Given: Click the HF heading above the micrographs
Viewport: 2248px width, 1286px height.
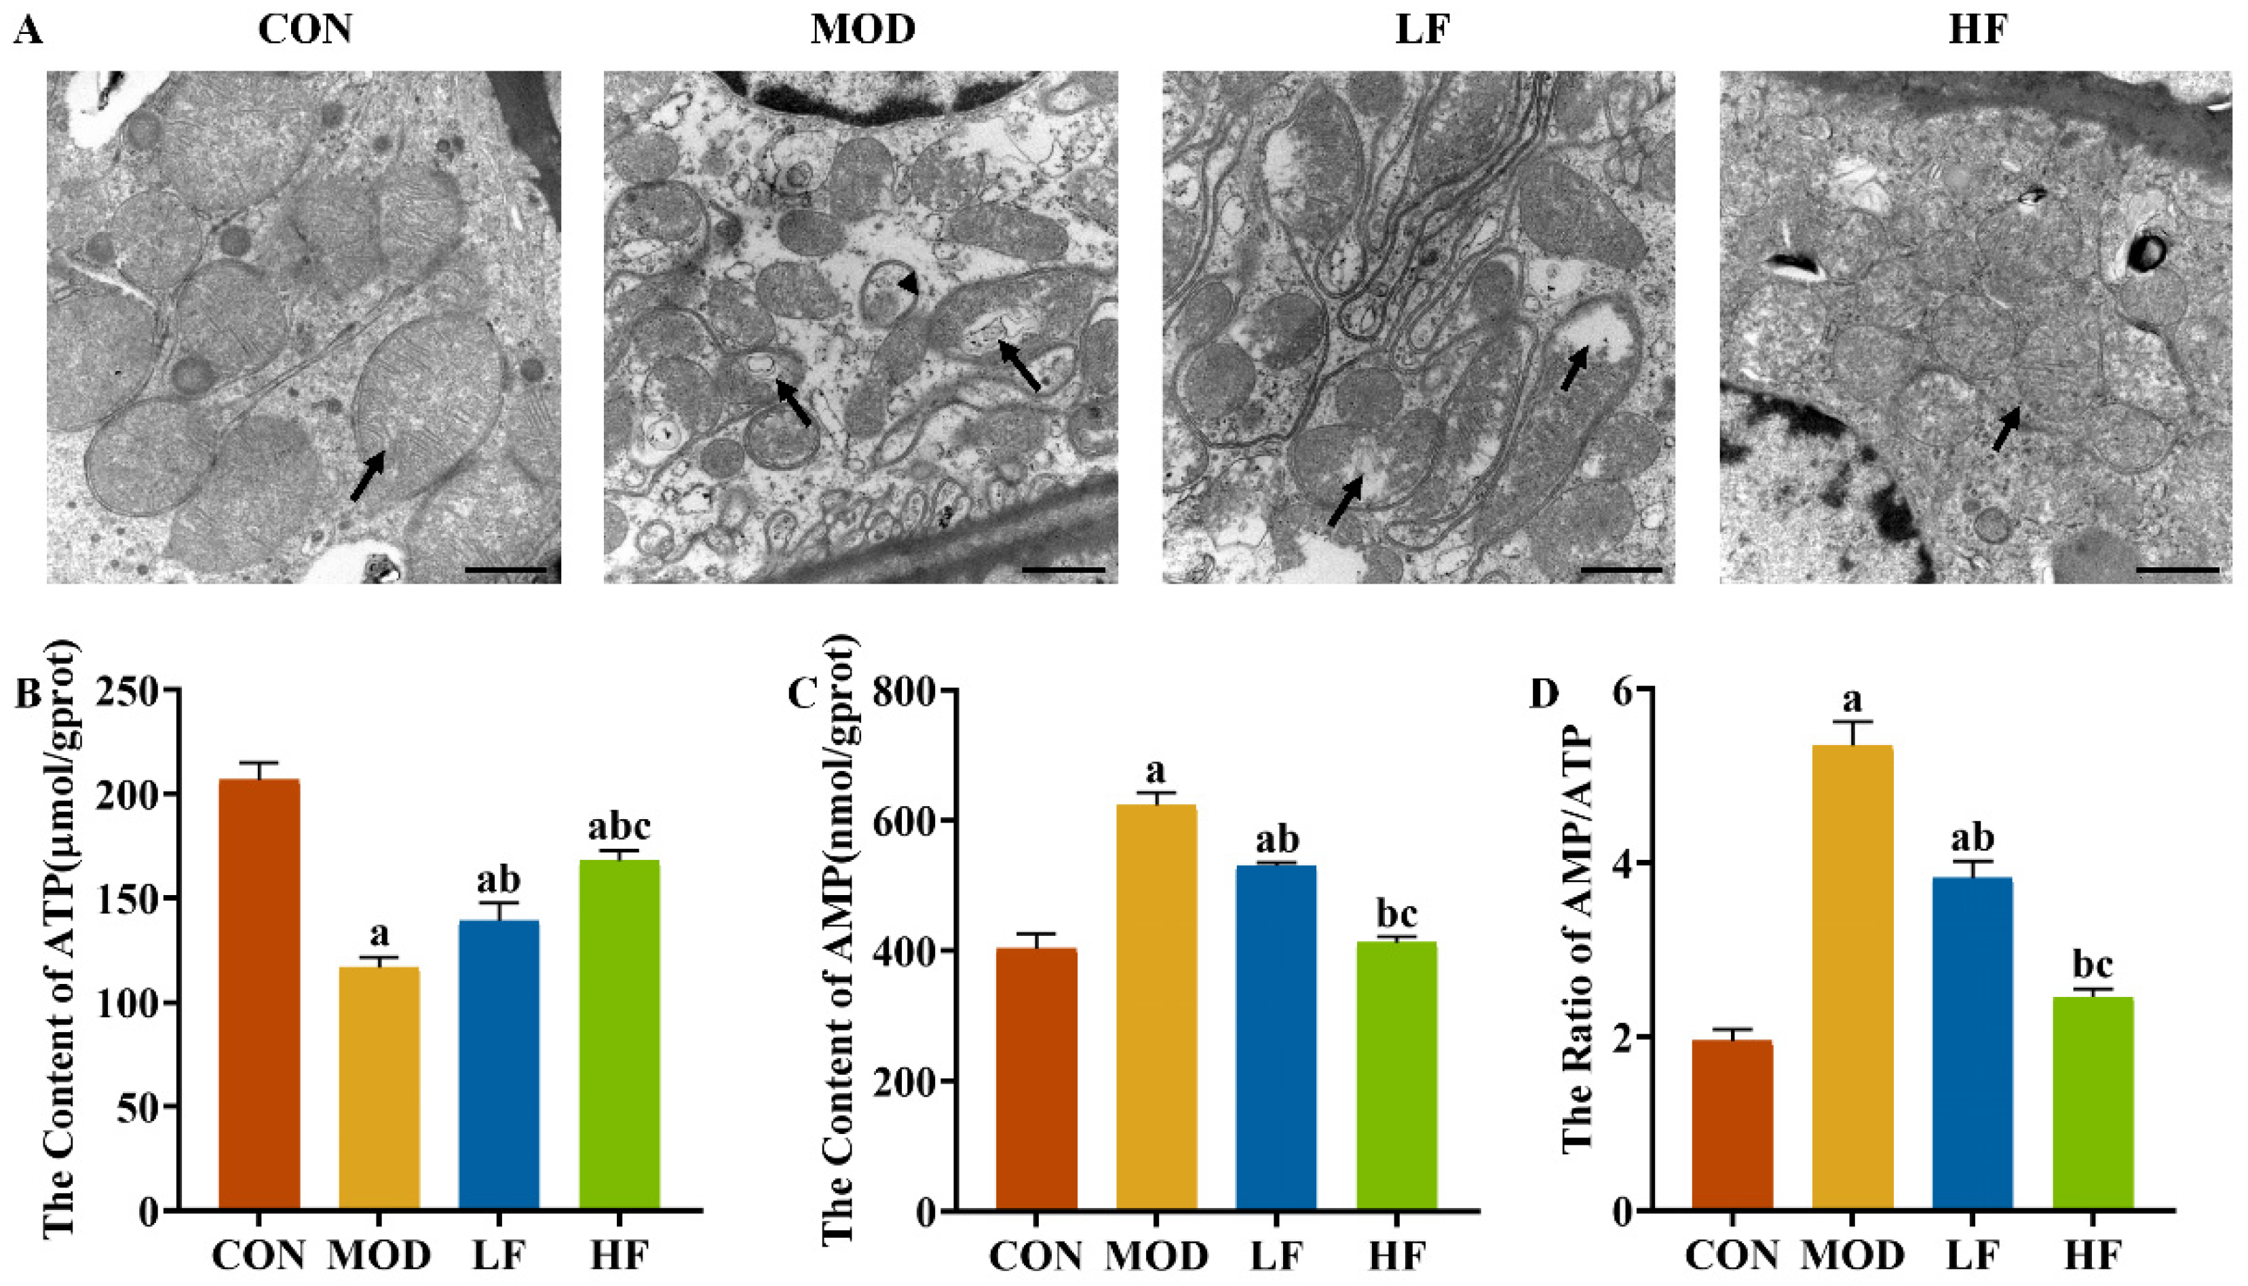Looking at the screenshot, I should pos(1978,30).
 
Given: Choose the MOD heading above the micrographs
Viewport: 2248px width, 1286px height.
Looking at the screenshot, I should pos(862,30).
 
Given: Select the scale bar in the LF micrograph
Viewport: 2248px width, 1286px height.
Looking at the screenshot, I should pos(1621,571).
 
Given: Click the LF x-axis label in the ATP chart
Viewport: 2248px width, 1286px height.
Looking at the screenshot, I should pos(500,1255).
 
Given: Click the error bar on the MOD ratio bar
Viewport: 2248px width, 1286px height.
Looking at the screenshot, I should pos(1852,733).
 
